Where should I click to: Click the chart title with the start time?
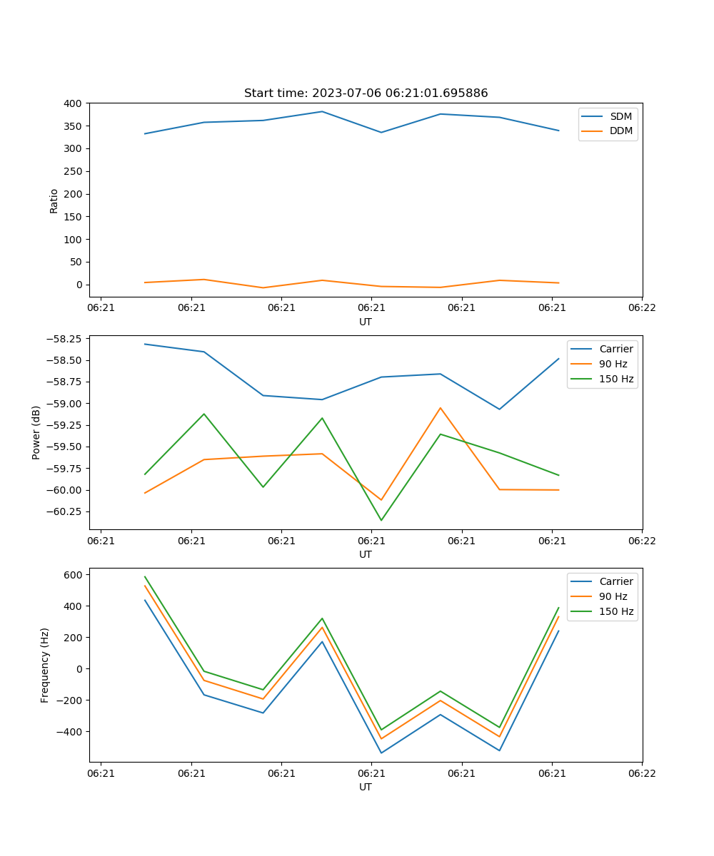point(366,93)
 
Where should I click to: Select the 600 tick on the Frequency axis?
point(74,574)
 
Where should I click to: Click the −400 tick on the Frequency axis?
point(70,731)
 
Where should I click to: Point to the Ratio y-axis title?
point(54,200)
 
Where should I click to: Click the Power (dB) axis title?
point(36,432)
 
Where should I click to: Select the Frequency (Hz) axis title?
point(45,665)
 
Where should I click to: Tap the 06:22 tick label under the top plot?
point(641,307)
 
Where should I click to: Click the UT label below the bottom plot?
point(366,787)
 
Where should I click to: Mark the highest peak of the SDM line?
point(322,111)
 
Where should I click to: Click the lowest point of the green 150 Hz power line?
point(381,520)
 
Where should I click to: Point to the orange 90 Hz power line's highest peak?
point(441,408)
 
